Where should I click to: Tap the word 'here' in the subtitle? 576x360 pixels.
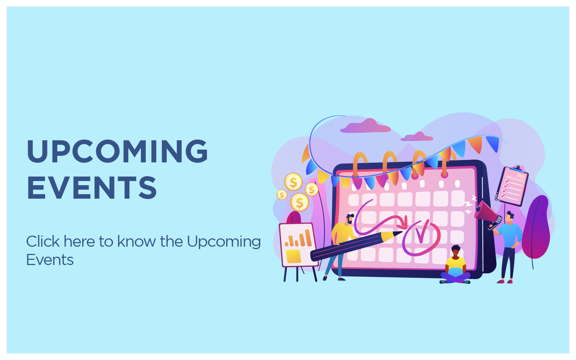coord(79,241)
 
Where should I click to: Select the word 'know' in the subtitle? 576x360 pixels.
coord(136,241)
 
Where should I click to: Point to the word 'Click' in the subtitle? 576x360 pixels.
coord(43,241)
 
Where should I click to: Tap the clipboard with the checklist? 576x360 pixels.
coord(512,186)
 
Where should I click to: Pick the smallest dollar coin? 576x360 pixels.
coord(282,195)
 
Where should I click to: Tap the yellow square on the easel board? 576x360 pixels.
coord(294,256)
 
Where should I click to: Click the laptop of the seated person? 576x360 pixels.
coord(455,272)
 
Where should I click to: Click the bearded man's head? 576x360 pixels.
coord(350,219)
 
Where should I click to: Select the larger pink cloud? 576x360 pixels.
coord(365,126)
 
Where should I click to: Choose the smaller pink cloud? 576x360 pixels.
coord(417,136)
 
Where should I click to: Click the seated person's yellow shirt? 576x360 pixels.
coord(456,263)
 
